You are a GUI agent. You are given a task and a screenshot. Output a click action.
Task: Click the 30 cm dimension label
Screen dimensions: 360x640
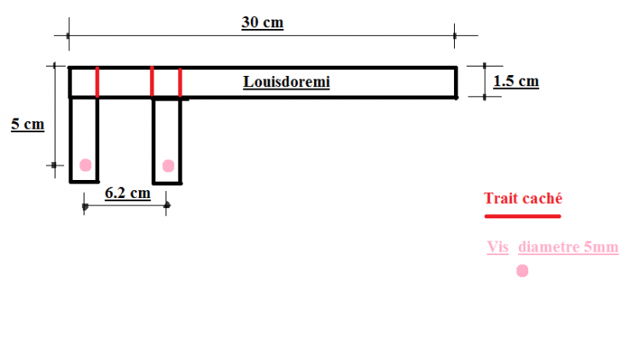click(262, 23)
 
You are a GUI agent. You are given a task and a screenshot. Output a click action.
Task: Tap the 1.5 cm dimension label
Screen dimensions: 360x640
click(516, 81)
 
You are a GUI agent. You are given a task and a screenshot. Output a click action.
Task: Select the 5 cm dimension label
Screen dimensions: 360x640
click(27, 125)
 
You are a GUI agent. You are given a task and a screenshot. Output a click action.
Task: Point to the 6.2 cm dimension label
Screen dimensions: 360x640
click(127, 193)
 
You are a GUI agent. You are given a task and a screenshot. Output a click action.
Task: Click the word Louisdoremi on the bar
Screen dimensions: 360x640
click(286, 82)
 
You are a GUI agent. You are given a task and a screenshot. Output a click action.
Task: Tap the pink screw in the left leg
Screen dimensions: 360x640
click(85, 165)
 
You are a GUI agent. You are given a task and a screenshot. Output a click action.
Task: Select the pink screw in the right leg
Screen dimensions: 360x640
click(167, 165)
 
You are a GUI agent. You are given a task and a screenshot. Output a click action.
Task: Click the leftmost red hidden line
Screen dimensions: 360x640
click(97, 82)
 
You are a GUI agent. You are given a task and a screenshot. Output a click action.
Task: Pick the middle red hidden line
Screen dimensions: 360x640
click(152, 82)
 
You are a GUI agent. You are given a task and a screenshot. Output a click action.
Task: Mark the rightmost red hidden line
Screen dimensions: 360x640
click(180, 82)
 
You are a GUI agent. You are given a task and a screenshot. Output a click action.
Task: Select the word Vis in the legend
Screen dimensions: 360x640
click(497, 247)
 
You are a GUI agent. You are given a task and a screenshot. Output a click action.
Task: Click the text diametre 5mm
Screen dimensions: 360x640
click(567, 247)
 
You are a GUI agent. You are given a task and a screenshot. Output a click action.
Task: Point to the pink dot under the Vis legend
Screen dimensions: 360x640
click(522, 270)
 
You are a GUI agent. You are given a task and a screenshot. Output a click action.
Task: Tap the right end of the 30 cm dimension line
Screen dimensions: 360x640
click(455, 35)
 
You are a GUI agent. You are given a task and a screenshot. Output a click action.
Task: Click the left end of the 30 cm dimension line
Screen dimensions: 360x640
click(67, 35)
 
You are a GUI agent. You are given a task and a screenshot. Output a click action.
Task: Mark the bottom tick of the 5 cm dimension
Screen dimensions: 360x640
click(54, 165)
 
